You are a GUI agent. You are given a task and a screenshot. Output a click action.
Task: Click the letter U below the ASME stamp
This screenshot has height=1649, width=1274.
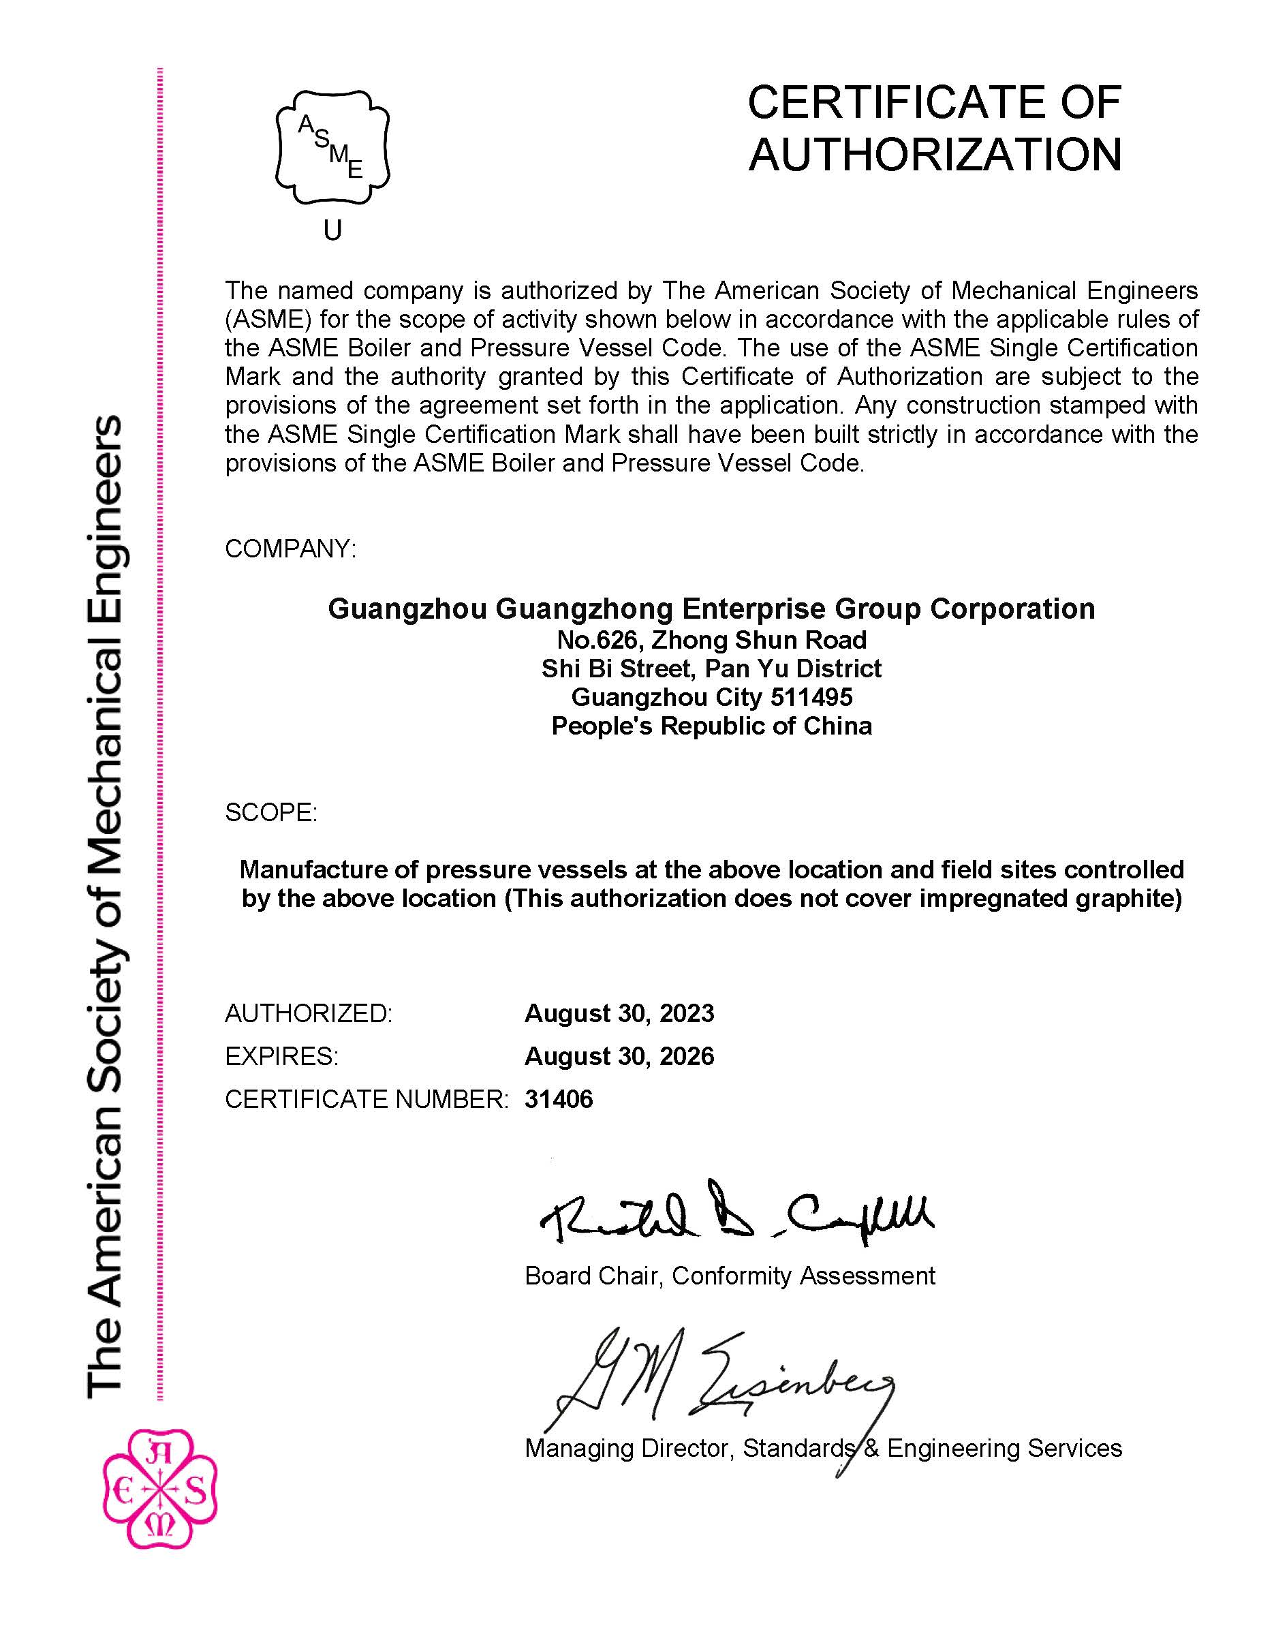(333, 230)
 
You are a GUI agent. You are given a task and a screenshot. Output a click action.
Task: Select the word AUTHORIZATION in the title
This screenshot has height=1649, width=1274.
(935, 155)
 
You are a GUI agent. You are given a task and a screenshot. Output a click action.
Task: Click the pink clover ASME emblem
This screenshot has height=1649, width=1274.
(160, 1488)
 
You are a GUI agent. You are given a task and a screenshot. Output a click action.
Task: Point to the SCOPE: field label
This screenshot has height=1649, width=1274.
(271, 812)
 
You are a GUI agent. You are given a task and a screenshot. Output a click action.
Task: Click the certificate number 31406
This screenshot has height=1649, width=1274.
(559, 1099)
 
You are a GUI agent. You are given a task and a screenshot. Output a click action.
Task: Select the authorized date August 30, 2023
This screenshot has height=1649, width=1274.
(619, 1013)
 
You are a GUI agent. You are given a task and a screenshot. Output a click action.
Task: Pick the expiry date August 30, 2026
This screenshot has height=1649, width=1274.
(619, 1056)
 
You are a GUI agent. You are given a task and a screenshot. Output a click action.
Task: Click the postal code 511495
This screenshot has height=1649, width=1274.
(811, 697)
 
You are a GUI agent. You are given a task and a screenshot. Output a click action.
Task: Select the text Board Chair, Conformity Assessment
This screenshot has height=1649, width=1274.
(729, 1276)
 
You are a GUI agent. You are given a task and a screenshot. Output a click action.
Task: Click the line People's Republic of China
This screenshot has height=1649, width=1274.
(712, 726)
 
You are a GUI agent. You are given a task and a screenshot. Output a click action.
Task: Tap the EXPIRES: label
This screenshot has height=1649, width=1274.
(281, 1056)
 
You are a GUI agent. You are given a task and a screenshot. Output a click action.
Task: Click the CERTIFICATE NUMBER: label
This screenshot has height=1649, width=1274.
(367, 1099)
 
